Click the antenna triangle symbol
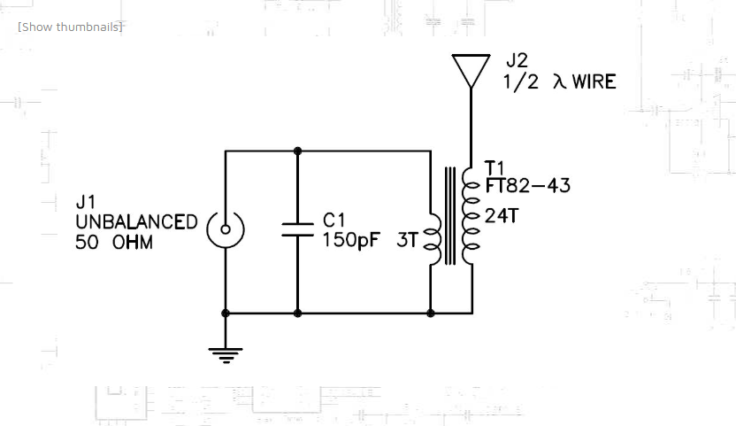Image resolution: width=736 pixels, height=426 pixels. click(471, 69)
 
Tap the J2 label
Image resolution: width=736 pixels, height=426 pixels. click(517, 61)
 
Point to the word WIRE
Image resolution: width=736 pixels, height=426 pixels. click(594, 82)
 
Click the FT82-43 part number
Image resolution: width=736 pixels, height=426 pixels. click(527, 186)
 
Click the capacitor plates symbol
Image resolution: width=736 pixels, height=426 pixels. click(297, 229)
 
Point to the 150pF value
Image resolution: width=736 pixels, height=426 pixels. click(349, 240)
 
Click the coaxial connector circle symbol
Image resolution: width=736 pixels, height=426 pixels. click(226, 231)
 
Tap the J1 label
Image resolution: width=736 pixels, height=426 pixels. click(87, 203)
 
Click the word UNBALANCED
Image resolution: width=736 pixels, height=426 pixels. click(136, 222)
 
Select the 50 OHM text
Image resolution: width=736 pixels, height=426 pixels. click(114, 241)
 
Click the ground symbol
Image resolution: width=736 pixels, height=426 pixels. click(226, 355)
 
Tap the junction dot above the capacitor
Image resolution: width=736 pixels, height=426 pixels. click(297, 151)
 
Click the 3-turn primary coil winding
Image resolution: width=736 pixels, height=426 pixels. click(433, 239)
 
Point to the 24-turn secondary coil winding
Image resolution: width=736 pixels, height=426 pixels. click(471, 212)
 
